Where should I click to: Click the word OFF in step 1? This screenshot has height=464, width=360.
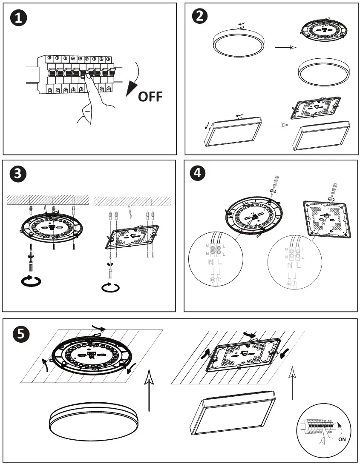point(150,96)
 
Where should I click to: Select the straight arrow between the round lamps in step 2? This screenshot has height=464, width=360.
point(285,48)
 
